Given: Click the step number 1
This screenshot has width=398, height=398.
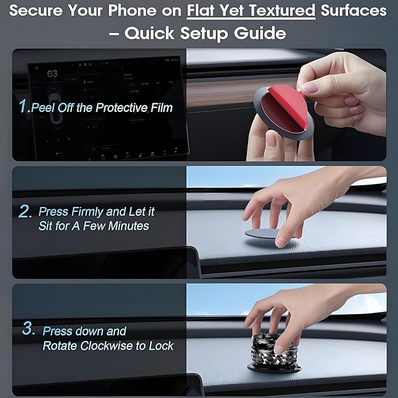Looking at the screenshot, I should click(x=23, y=106).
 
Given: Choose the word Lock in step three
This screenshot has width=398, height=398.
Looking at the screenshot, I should click(x=162, y=346).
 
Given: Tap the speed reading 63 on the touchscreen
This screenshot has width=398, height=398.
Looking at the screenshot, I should click(x=52, y=74).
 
